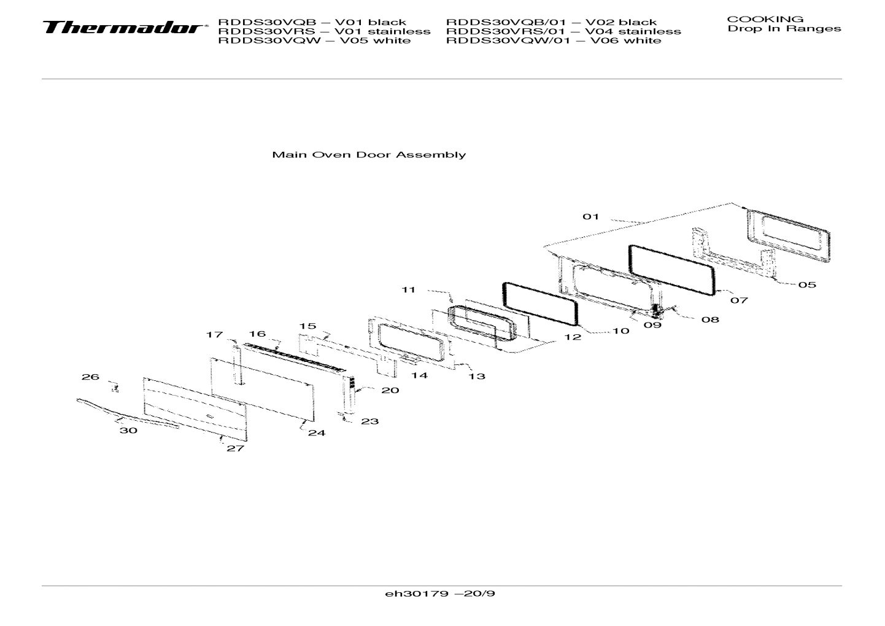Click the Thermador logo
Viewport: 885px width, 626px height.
tap(123, 28)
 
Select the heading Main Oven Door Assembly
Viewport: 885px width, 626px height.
tap(368, 155)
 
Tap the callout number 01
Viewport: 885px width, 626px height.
tap(590, 216)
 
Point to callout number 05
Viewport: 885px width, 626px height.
tap(807, 284)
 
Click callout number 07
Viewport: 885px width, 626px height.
tap(739, 300)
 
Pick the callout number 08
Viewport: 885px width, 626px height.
tap(710, 319)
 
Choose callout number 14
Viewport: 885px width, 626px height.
tap(419, 375)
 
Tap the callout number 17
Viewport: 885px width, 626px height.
tap(214, 335)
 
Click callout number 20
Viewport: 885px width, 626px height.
tap(390, 390)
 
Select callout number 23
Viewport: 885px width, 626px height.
tap(369, 421)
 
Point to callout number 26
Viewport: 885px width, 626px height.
tap(90, 377)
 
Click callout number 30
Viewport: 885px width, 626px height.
tap(128, 431)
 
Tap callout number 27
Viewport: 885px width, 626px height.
tap(235, 448)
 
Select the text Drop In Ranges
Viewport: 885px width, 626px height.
tap(784, 29)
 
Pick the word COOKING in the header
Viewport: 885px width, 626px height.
tap(765, 19)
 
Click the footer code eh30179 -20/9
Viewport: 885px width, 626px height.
tap(440, 594)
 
